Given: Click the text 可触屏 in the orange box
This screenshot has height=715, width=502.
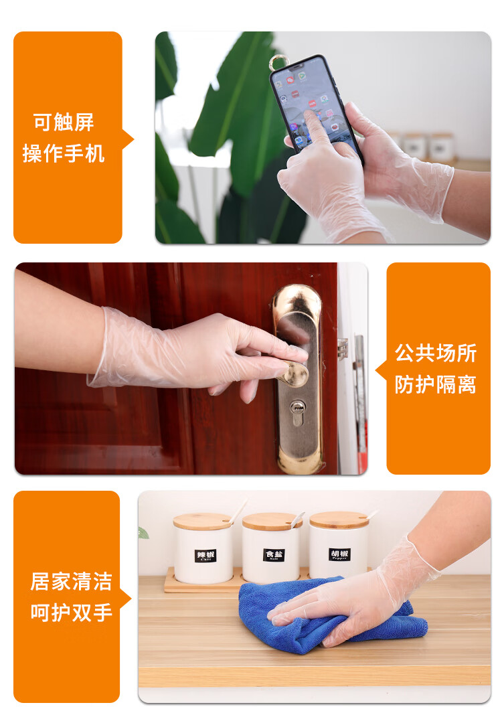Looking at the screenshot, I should click(x=64, y=123).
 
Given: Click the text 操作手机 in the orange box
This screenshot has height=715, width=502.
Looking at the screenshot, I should click(x=64, y=153).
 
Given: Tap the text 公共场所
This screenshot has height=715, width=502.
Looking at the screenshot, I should click(x=435, y=353).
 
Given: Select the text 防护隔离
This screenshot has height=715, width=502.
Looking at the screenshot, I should click(x=435, y=384).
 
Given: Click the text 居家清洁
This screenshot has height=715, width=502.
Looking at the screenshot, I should click(x=71, y=581).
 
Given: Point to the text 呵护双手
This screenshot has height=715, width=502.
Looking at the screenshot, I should click(x=71, y=612).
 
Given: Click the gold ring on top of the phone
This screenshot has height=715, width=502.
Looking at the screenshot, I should click(x=277, y=62).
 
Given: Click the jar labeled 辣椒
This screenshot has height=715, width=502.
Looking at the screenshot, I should click(x=203, y=552).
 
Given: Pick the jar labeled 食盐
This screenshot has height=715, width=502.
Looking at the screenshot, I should click(x=270, y=552).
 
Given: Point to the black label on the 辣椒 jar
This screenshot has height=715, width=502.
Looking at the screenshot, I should click(x=205, y=556).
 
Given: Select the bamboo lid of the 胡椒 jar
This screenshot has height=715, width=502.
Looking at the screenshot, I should click(x=339, y=520).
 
